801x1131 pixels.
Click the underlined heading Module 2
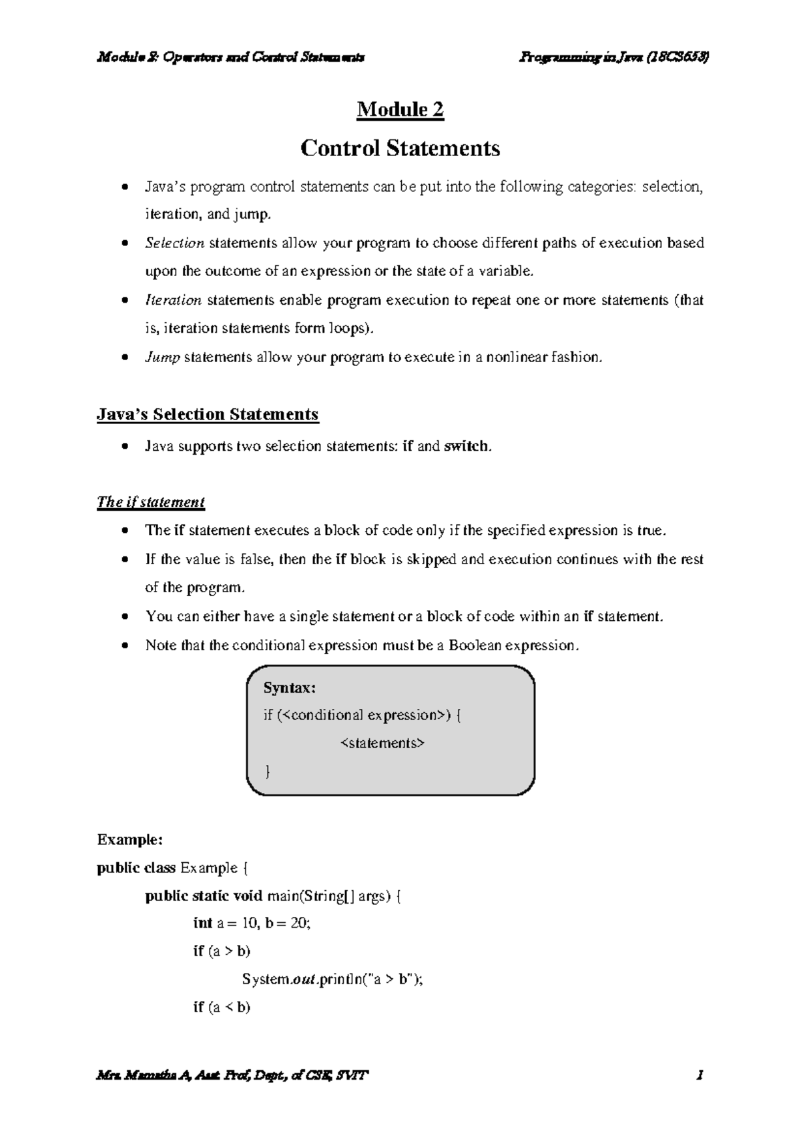[400, 109]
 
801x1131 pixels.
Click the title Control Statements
[400, 148]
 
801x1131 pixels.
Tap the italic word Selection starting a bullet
[174, 243]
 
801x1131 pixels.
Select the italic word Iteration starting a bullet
[173, 301]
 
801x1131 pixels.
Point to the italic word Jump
[162, 357]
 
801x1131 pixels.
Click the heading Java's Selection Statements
[208, 415]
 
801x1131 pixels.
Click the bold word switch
[466, 446]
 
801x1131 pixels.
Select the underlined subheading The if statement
[150, 502]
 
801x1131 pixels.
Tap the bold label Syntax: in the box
[289, 688]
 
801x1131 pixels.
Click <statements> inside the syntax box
[382, 743]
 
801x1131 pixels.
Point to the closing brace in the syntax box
[268, 772]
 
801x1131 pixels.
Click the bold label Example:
[129, 840]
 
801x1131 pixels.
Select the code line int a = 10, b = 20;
[252, 924]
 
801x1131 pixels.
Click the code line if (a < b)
[222, 1007]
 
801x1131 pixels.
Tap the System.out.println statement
[332, 979]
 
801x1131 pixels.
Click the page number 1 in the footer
[700, 1076]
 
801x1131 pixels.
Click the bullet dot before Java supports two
[125, 447]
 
